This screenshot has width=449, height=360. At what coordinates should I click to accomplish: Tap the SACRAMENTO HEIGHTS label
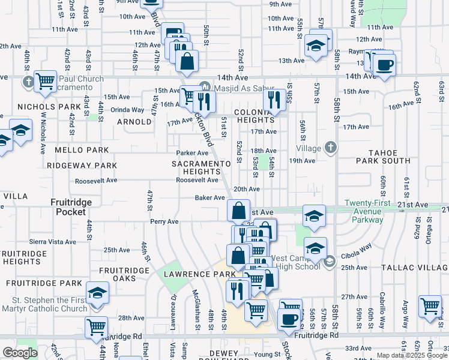[201, 167]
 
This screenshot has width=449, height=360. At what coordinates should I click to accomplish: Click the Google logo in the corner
[20, 353]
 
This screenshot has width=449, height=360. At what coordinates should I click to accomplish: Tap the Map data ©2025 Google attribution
[411, 356]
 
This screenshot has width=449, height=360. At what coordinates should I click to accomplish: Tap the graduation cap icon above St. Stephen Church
[97, 292]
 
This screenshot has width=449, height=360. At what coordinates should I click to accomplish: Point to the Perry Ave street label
[164, 221]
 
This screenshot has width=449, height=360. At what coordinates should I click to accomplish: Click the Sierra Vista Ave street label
[53, 242]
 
